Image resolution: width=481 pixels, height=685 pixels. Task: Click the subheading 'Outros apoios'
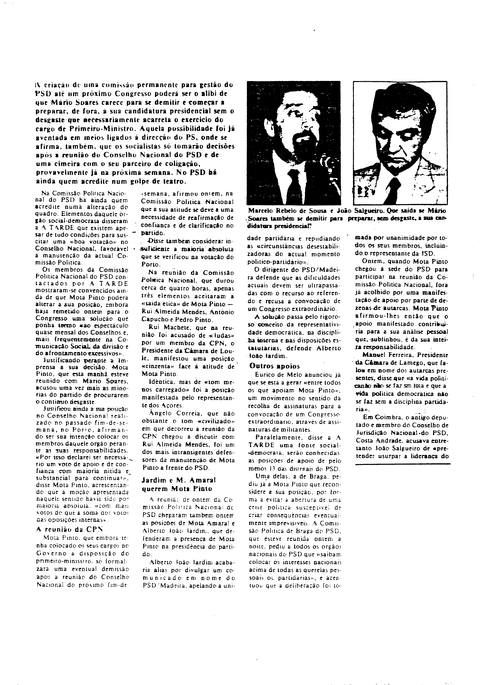point(275,366)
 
